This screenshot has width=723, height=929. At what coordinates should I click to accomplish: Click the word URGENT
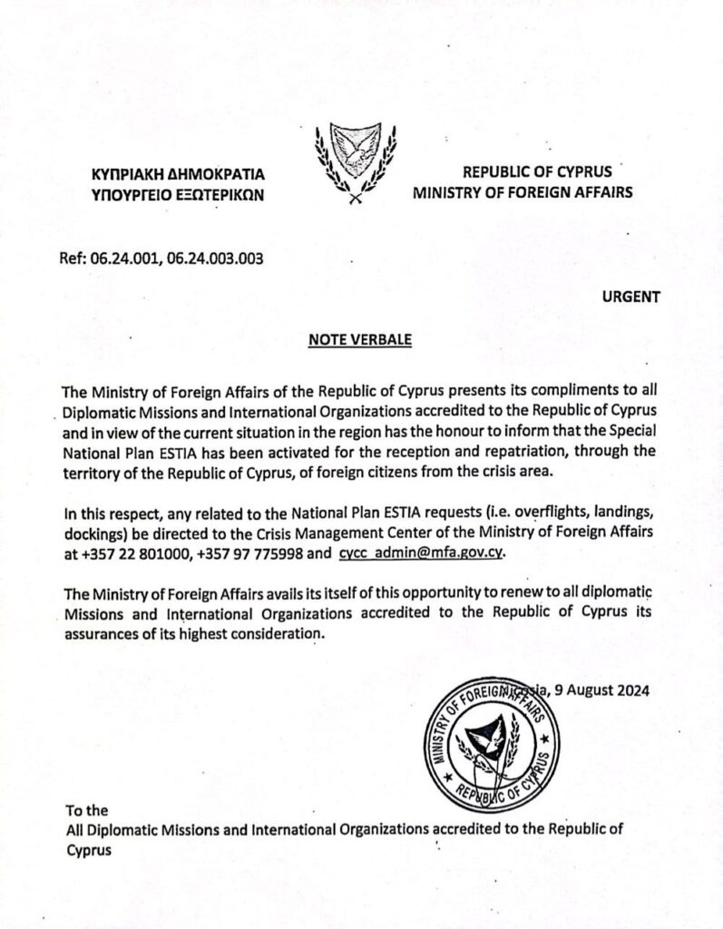point(631,295)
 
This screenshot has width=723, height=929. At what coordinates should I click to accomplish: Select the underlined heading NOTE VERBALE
point(360,340)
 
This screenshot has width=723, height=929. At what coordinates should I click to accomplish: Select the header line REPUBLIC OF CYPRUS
point(537,171)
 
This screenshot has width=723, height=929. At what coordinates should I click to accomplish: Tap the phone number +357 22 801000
point(128,553)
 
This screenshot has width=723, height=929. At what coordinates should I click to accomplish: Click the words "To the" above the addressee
point(88,810)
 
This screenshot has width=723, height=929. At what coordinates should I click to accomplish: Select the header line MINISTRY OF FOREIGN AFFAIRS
point(523,192)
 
